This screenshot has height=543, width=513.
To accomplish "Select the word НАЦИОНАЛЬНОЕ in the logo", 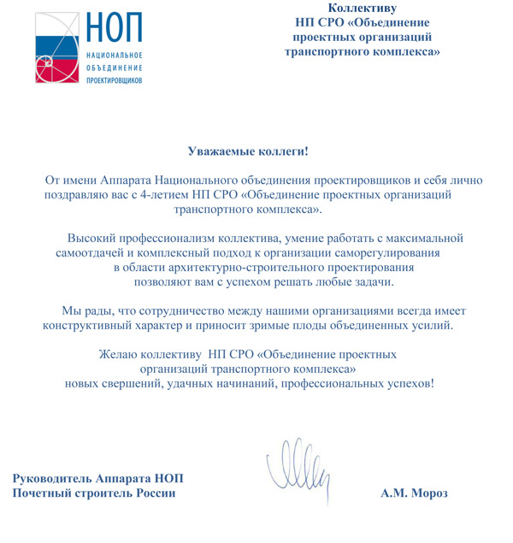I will tap(114, 55).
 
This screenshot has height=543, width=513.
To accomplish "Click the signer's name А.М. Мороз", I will tap(414, 493).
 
